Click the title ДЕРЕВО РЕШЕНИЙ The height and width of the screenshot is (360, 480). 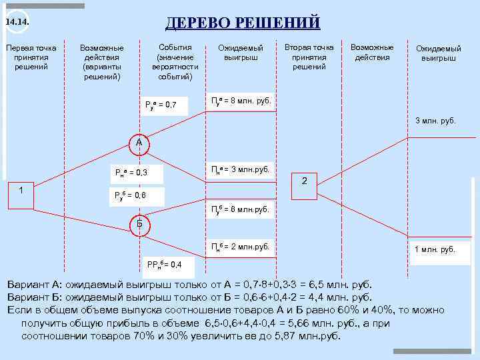(x=243, y=23)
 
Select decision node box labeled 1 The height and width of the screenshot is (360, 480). (x=21, y=191)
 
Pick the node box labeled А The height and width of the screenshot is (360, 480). (x=139, y=143)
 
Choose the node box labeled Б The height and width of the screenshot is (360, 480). (x=139, y=223)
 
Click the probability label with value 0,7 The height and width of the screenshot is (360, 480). (x=161, y=105)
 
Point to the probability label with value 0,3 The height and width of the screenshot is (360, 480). (x=131, y=173)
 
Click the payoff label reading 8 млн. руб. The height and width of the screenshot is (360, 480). (x=241, y=101)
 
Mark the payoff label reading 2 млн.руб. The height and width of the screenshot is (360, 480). (x=241, y=247)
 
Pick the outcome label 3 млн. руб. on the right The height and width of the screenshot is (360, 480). (x=436, y=121)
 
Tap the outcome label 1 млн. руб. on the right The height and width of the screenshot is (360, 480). (x=435, y=249)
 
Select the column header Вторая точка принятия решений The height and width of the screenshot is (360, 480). (x=309, y=57)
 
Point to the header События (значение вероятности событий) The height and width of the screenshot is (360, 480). (x=175, y=62)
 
